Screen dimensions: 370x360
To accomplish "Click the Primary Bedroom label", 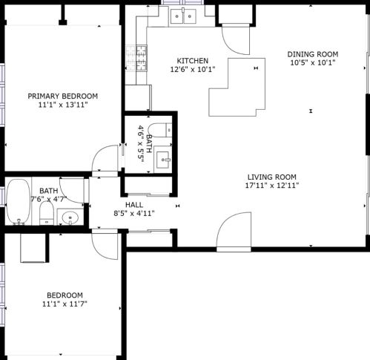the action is tap(62, 96).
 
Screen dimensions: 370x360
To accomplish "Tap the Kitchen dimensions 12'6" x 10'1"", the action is tap(193, 69).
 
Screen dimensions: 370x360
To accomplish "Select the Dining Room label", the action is tap(313, 54).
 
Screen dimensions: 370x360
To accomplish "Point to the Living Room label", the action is tap(272, 177).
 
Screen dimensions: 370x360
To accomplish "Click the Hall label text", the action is tap(134, 205).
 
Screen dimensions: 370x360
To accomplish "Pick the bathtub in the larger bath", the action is tap(19, 202).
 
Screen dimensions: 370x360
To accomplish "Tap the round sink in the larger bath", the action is tap(70, 217).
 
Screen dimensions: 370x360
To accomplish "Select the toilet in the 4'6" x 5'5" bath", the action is tap(160, 130).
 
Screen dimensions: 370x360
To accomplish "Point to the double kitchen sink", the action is tap(183, 16).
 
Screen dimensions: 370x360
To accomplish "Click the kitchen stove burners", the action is tap(142, 59).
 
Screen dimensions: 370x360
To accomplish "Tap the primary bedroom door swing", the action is tap(105, 158).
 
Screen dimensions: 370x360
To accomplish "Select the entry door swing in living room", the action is tap(234, 229).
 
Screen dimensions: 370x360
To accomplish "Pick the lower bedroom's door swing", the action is tap(105, 246).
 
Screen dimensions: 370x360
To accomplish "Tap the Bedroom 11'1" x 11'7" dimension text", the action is tap(65, 304).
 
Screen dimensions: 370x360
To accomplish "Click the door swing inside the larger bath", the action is tap(72, 191).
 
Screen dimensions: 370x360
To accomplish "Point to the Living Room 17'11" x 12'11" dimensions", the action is tap(272, 186).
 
